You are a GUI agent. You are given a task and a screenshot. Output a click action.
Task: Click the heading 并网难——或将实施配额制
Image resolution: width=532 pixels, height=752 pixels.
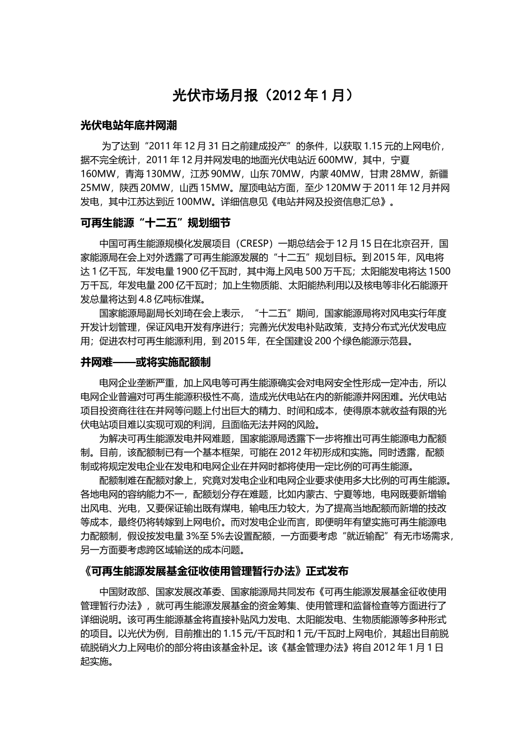pos(146,363)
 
